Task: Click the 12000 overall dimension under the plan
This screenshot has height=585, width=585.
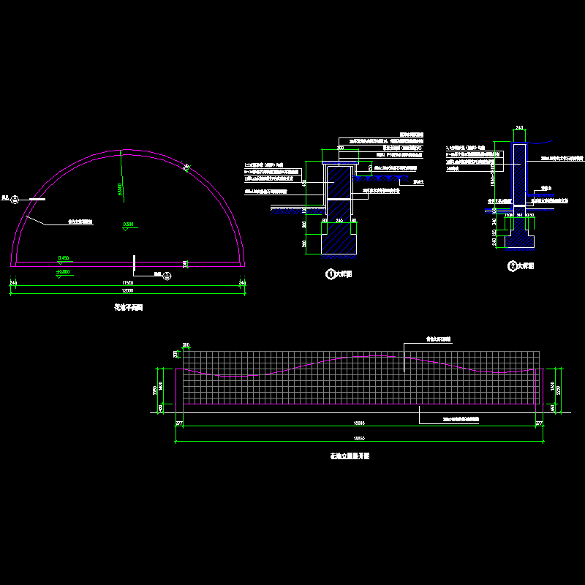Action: [128, 291]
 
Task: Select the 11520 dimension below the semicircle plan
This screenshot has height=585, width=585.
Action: [128, 282]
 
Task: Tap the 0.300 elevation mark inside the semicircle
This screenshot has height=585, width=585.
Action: [129, 224]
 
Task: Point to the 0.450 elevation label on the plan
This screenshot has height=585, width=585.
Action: [63, 258]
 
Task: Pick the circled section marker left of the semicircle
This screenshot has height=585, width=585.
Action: [15, 197]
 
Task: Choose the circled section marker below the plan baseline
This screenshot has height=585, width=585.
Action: [167, 275]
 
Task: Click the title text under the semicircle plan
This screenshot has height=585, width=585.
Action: [128, 309]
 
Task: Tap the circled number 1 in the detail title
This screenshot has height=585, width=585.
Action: [330, 274]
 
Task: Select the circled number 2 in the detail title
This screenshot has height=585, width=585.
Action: [512, 266]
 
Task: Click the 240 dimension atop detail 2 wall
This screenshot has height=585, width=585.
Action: [520, 128]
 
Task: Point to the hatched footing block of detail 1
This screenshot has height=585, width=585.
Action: [339, 238]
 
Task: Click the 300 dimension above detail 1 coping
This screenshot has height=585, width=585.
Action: [340, 148]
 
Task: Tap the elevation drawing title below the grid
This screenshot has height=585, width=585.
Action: [350, 456]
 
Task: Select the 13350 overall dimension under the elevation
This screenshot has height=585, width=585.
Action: [358, 437]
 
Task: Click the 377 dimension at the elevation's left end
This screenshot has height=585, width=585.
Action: [179, 423]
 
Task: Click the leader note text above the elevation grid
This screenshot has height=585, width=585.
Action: [439, 339]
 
